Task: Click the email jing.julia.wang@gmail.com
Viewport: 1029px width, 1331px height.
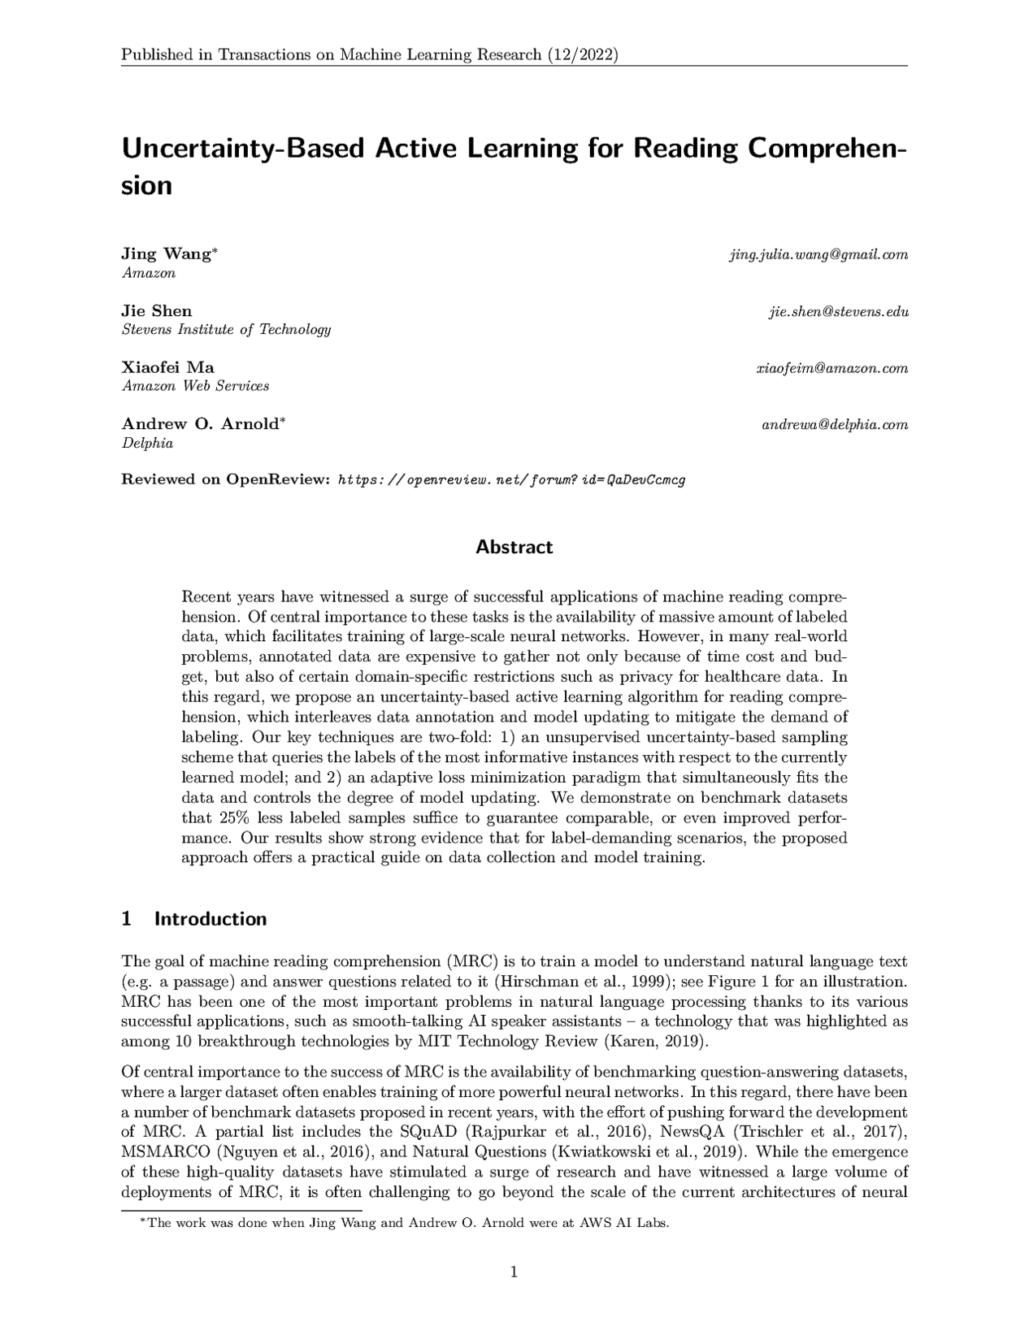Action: (818, 254)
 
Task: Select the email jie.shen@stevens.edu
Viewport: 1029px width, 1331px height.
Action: (838, 311)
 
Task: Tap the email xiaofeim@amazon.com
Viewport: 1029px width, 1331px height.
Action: (831, 368)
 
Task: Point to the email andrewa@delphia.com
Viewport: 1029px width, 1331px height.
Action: (834, 425)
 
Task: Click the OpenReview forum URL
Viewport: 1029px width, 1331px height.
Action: (511, 479)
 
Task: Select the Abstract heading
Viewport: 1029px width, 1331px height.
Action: (514, 547)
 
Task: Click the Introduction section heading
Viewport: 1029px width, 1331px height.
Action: (210, 919)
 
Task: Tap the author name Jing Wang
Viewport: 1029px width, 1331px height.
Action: (166, 254)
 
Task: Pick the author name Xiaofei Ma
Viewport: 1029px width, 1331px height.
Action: (167, 367)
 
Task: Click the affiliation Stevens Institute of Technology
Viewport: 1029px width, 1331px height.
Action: (226, 330)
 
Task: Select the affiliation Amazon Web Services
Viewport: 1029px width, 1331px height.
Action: (195, 387)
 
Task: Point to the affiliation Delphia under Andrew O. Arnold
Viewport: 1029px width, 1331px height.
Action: (147, 444)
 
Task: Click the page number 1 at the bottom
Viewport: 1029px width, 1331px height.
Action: (514, 1272)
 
